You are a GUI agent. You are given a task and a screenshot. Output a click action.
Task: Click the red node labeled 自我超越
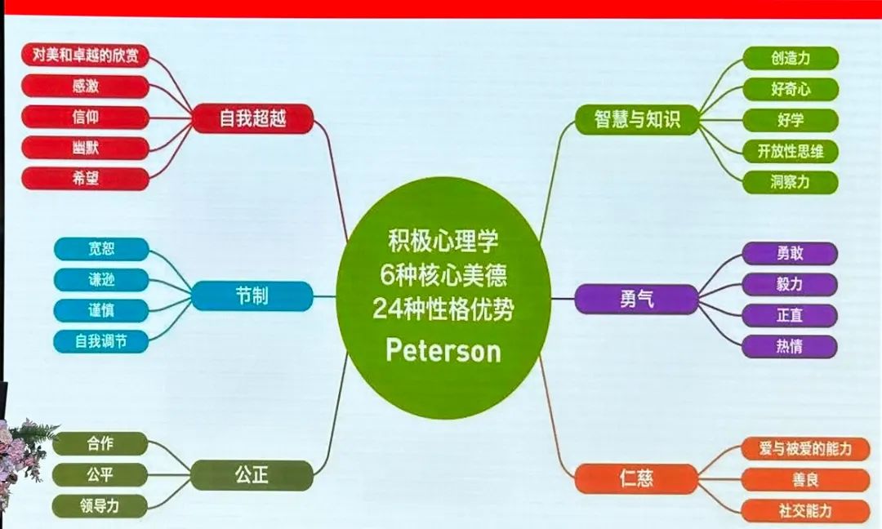tap(252, 118)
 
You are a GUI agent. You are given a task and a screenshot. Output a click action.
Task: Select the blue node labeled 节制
tap(252, 296)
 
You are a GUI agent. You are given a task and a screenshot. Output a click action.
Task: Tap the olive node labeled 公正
tap(252, 475)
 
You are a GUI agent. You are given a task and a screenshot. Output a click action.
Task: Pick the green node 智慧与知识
tap(637, 119)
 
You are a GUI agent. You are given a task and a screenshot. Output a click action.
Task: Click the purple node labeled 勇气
tap(636, 299)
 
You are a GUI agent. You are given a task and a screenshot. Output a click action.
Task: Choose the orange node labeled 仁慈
tap(636, 479)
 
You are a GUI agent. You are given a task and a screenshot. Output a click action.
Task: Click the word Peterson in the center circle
tap(443, 350)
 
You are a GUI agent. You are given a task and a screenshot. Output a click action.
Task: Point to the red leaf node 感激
tap(86, 86)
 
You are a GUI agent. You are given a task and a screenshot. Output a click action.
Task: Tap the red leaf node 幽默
tap(86, 148)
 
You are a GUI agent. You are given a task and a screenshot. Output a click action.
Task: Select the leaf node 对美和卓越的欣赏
tap(86, 55)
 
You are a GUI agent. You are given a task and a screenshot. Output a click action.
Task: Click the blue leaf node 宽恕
tap(101, 249)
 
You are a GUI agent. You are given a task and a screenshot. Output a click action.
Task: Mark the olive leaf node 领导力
tap(100, 506)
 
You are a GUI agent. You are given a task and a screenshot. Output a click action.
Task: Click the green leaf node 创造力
tap(791, 59)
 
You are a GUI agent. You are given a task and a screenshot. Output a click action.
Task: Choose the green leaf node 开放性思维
tap(791, 151)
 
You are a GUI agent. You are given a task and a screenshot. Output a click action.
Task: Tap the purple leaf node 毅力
tap(790, 284)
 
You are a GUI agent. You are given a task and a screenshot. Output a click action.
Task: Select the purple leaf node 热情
tap(790, 346)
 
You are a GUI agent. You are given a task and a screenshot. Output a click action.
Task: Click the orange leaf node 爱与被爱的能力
tap(805, 449)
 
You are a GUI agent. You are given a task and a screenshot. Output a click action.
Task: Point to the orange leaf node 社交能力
tap(805, 511)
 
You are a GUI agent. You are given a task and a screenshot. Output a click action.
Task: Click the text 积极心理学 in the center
tap(443, 241)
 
